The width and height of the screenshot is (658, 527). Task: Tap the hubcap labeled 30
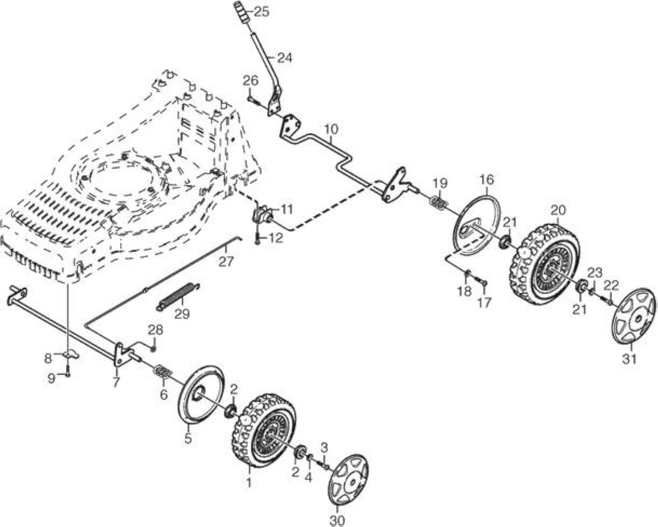point(348,480)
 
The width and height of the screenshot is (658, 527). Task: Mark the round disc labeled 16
point(479,222)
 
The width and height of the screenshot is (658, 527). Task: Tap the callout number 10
point(331,128)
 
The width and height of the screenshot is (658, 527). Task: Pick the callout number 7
point(116,382)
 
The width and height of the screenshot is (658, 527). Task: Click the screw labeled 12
point(257,238)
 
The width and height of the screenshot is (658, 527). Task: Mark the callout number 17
point(484,303)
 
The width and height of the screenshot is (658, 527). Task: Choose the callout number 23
point(595,273)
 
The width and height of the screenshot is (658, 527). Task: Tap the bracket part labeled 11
point(262,214)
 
